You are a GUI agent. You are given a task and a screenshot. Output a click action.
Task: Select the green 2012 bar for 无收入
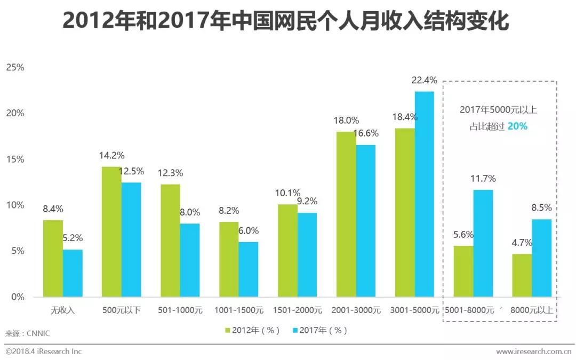[x=53, y=259]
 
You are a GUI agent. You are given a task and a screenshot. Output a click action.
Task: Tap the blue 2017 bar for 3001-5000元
[x=425, y=194]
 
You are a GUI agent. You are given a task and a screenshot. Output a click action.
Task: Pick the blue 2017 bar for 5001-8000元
[x=483, y=243]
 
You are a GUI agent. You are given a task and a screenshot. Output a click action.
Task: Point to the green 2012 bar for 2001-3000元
[x=346, y=214]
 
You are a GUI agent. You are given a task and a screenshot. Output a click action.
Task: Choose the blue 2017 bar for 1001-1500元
[x=249, y=269]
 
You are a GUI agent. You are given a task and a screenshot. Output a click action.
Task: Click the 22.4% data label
[x=425, y=81]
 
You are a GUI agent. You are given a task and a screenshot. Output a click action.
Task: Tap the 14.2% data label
[x=111, y=156]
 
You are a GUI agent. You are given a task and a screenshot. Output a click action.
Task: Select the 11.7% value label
[x=483, y=178]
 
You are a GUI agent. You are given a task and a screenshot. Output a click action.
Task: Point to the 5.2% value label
[x=73, y=238]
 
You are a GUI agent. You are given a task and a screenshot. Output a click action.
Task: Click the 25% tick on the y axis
[x=15, y=67]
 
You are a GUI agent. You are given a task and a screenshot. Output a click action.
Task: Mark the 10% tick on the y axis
[x=15, y=205]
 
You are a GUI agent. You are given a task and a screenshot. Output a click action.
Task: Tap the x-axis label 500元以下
[x=121, y=310]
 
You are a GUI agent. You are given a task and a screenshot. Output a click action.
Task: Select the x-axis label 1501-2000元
[x=297, y=310]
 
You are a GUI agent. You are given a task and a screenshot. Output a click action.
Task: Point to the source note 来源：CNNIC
[x=27, y=333]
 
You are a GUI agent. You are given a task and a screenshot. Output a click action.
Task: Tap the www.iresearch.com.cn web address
[x=535, y=351]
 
